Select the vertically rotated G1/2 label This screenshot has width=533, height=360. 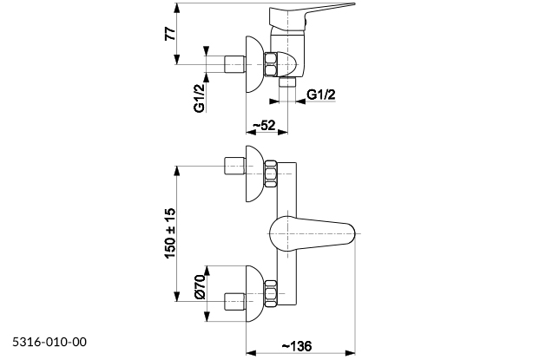pyautogui.click(x=199, y=96)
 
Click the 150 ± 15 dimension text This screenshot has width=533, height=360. pyautogui.click(x=171, y=231)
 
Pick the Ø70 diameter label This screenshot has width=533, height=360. pyautogui.click(x=199, y=285)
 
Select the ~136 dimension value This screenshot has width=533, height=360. pyautogui.click(x=297, y=345)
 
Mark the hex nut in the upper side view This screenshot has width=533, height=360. pyautogui.click(x=273, y=64)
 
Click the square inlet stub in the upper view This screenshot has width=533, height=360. pyautogui.click(x=234, y=64)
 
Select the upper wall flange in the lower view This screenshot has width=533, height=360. pyautogui.click(x=253, y=175)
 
